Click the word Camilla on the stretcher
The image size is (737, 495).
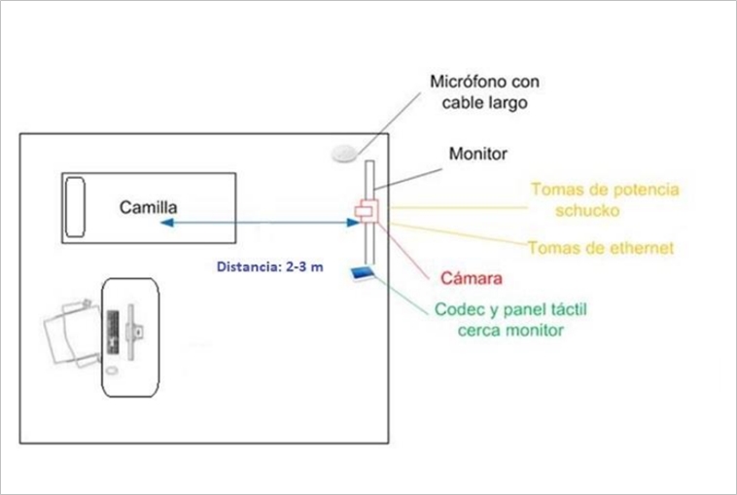148,207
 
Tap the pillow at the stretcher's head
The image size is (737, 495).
75,207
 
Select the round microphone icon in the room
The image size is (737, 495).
343,153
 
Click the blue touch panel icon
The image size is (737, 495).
362,276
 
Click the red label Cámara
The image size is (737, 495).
470,279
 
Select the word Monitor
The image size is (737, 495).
478,154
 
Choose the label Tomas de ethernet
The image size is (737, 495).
601,248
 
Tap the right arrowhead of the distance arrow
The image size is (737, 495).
353,224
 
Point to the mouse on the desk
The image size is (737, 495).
112,371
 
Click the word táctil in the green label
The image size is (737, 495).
567,309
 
